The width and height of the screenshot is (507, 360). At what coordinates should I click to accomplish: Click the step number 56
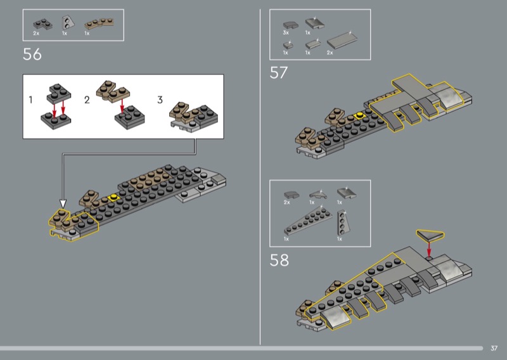(32, 54)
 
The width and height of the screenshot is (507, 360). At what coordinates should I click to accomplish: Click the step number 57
(278, 73)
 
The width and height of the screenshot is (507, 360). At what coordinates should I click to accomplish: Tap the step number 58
(279, 260)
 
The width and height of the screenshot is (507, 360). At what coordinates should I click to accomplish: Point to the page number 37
(494, 348)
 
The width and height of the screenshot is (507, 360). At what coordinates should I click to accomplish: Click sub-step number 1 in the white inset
(30, 100)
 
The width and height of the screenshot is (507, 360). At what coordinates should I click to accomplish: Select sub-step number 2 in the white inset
(87, 100)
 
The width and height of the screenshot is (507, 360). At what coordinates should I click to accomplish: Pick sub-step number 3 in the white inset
(160, 100)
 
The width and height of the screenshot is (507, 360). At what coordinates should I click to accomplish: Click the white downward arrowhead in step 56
(63, 204)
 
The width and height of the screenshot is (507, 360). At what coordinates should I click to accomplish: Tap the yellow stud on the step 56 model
(113, 196)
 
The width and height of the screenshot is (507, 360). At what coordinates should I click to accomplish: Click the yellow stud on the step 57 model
(359, 115)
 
